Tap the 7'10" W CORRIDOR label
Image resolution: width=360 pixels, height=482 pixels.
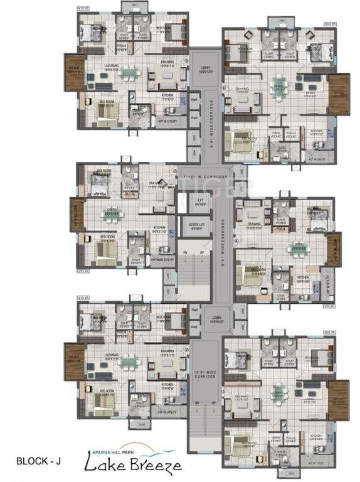click(203, 178)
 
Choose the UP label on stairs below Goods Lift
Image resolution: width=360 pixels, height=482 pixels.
click(201, 252)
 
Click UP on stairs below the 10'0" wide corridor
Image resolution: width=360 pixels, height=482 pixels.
click(213, 402)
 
